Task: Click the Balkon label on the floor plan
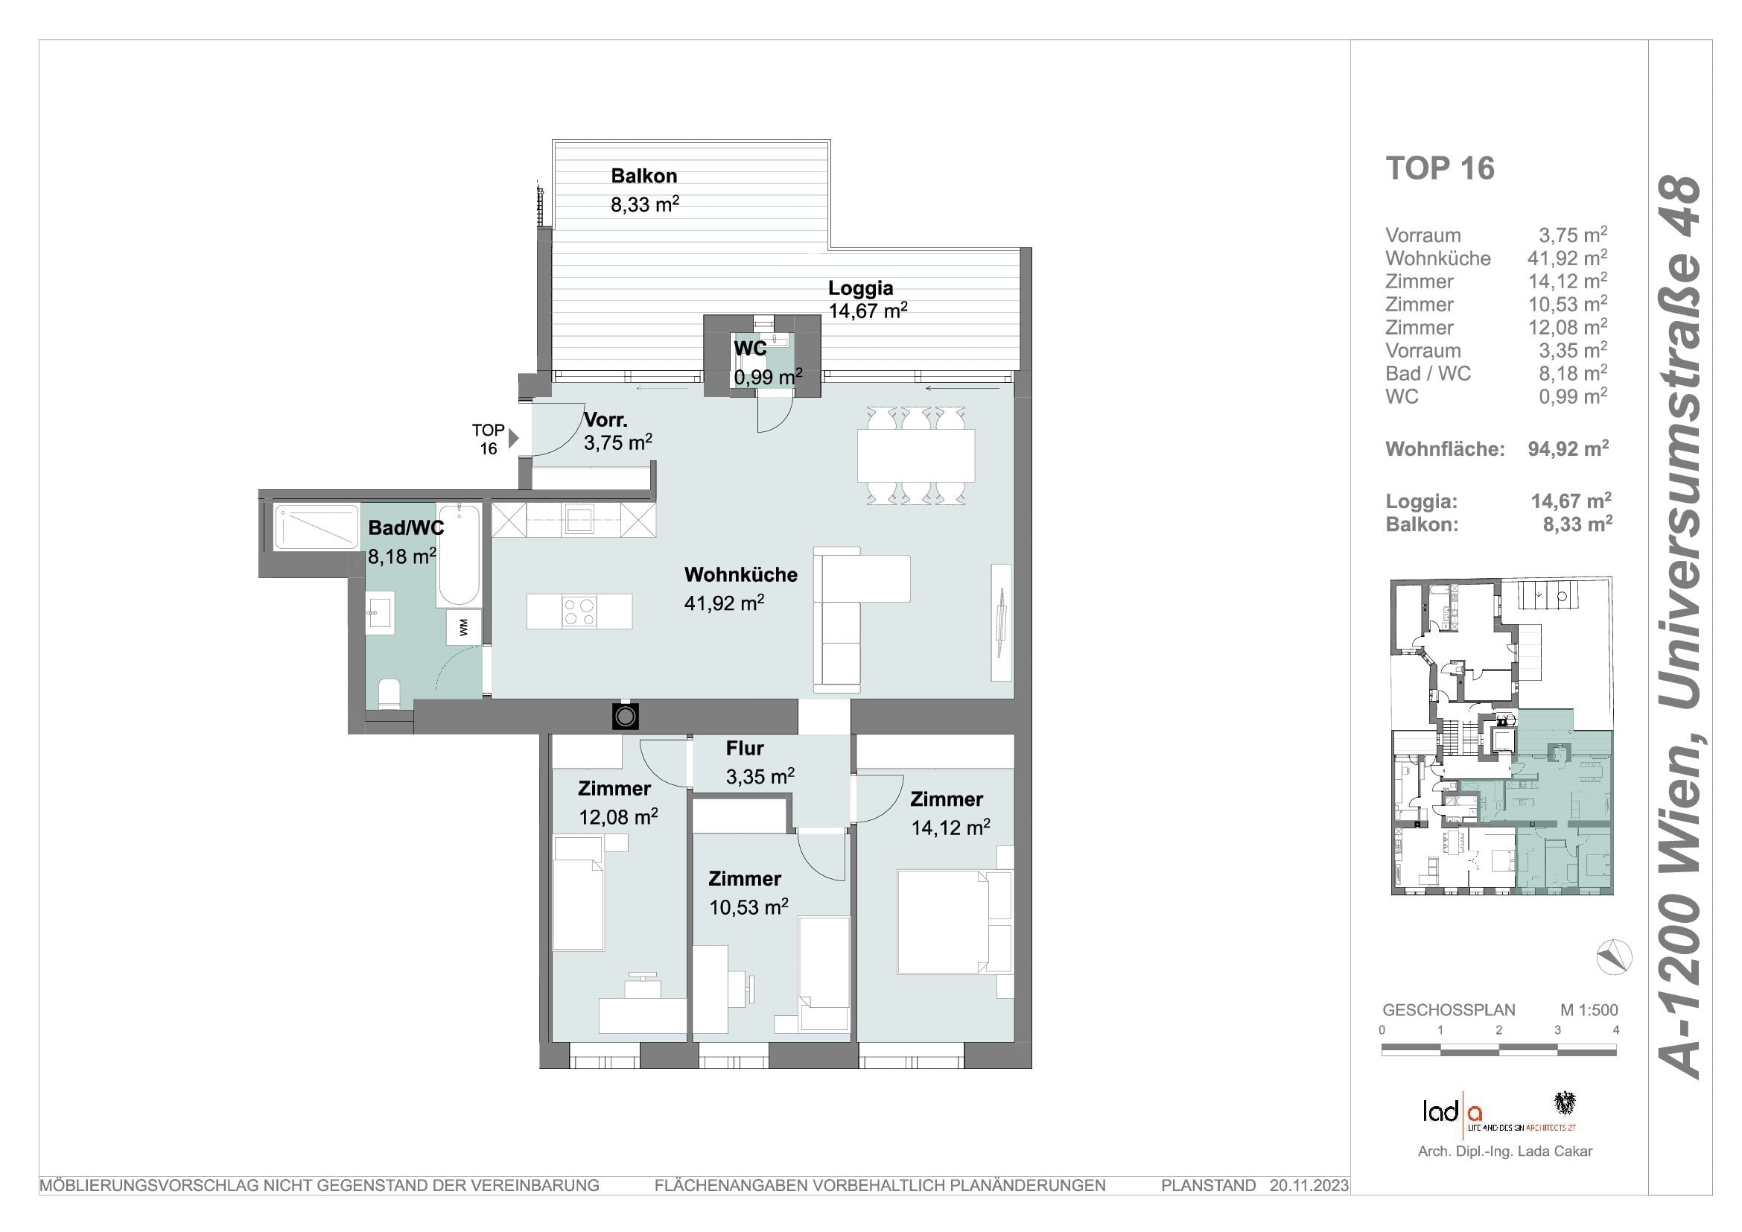644,176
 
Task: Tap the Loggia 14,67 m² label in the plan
867,299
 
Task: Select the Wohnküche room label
740,575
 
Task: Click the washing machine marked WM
463,626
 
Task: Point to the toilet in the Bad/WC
390,693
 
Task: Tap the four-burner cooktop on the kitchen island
579,612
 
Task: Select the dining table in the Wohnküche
916,455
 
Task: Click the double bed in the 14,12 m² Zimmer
955,921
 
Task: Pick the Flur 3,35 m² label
760,763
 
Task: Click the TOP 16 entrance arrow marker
514,438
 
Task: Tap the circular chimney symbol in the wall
625,717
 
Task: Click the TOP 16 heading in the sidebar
1440,168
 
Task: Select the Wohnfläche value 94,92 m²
1568,448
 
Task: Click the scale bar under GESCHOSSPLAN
1499,1050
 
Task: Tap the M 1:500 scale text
1589,1010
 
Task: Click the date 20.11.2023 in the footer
1309,1185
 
